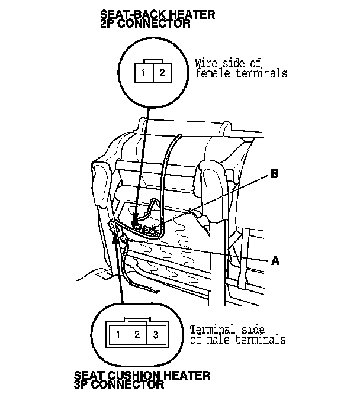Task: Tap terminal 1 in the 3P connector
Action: coord(118,335)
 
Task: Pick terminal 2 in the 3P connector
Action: coord(137,335)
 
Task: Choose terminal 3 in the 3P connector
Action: coord(155,335)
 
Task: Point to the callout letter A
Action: coord(274,260)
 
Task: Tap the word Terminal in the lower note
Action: coord(211,330)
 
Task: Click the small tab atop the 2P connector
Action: coord(153,60)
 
